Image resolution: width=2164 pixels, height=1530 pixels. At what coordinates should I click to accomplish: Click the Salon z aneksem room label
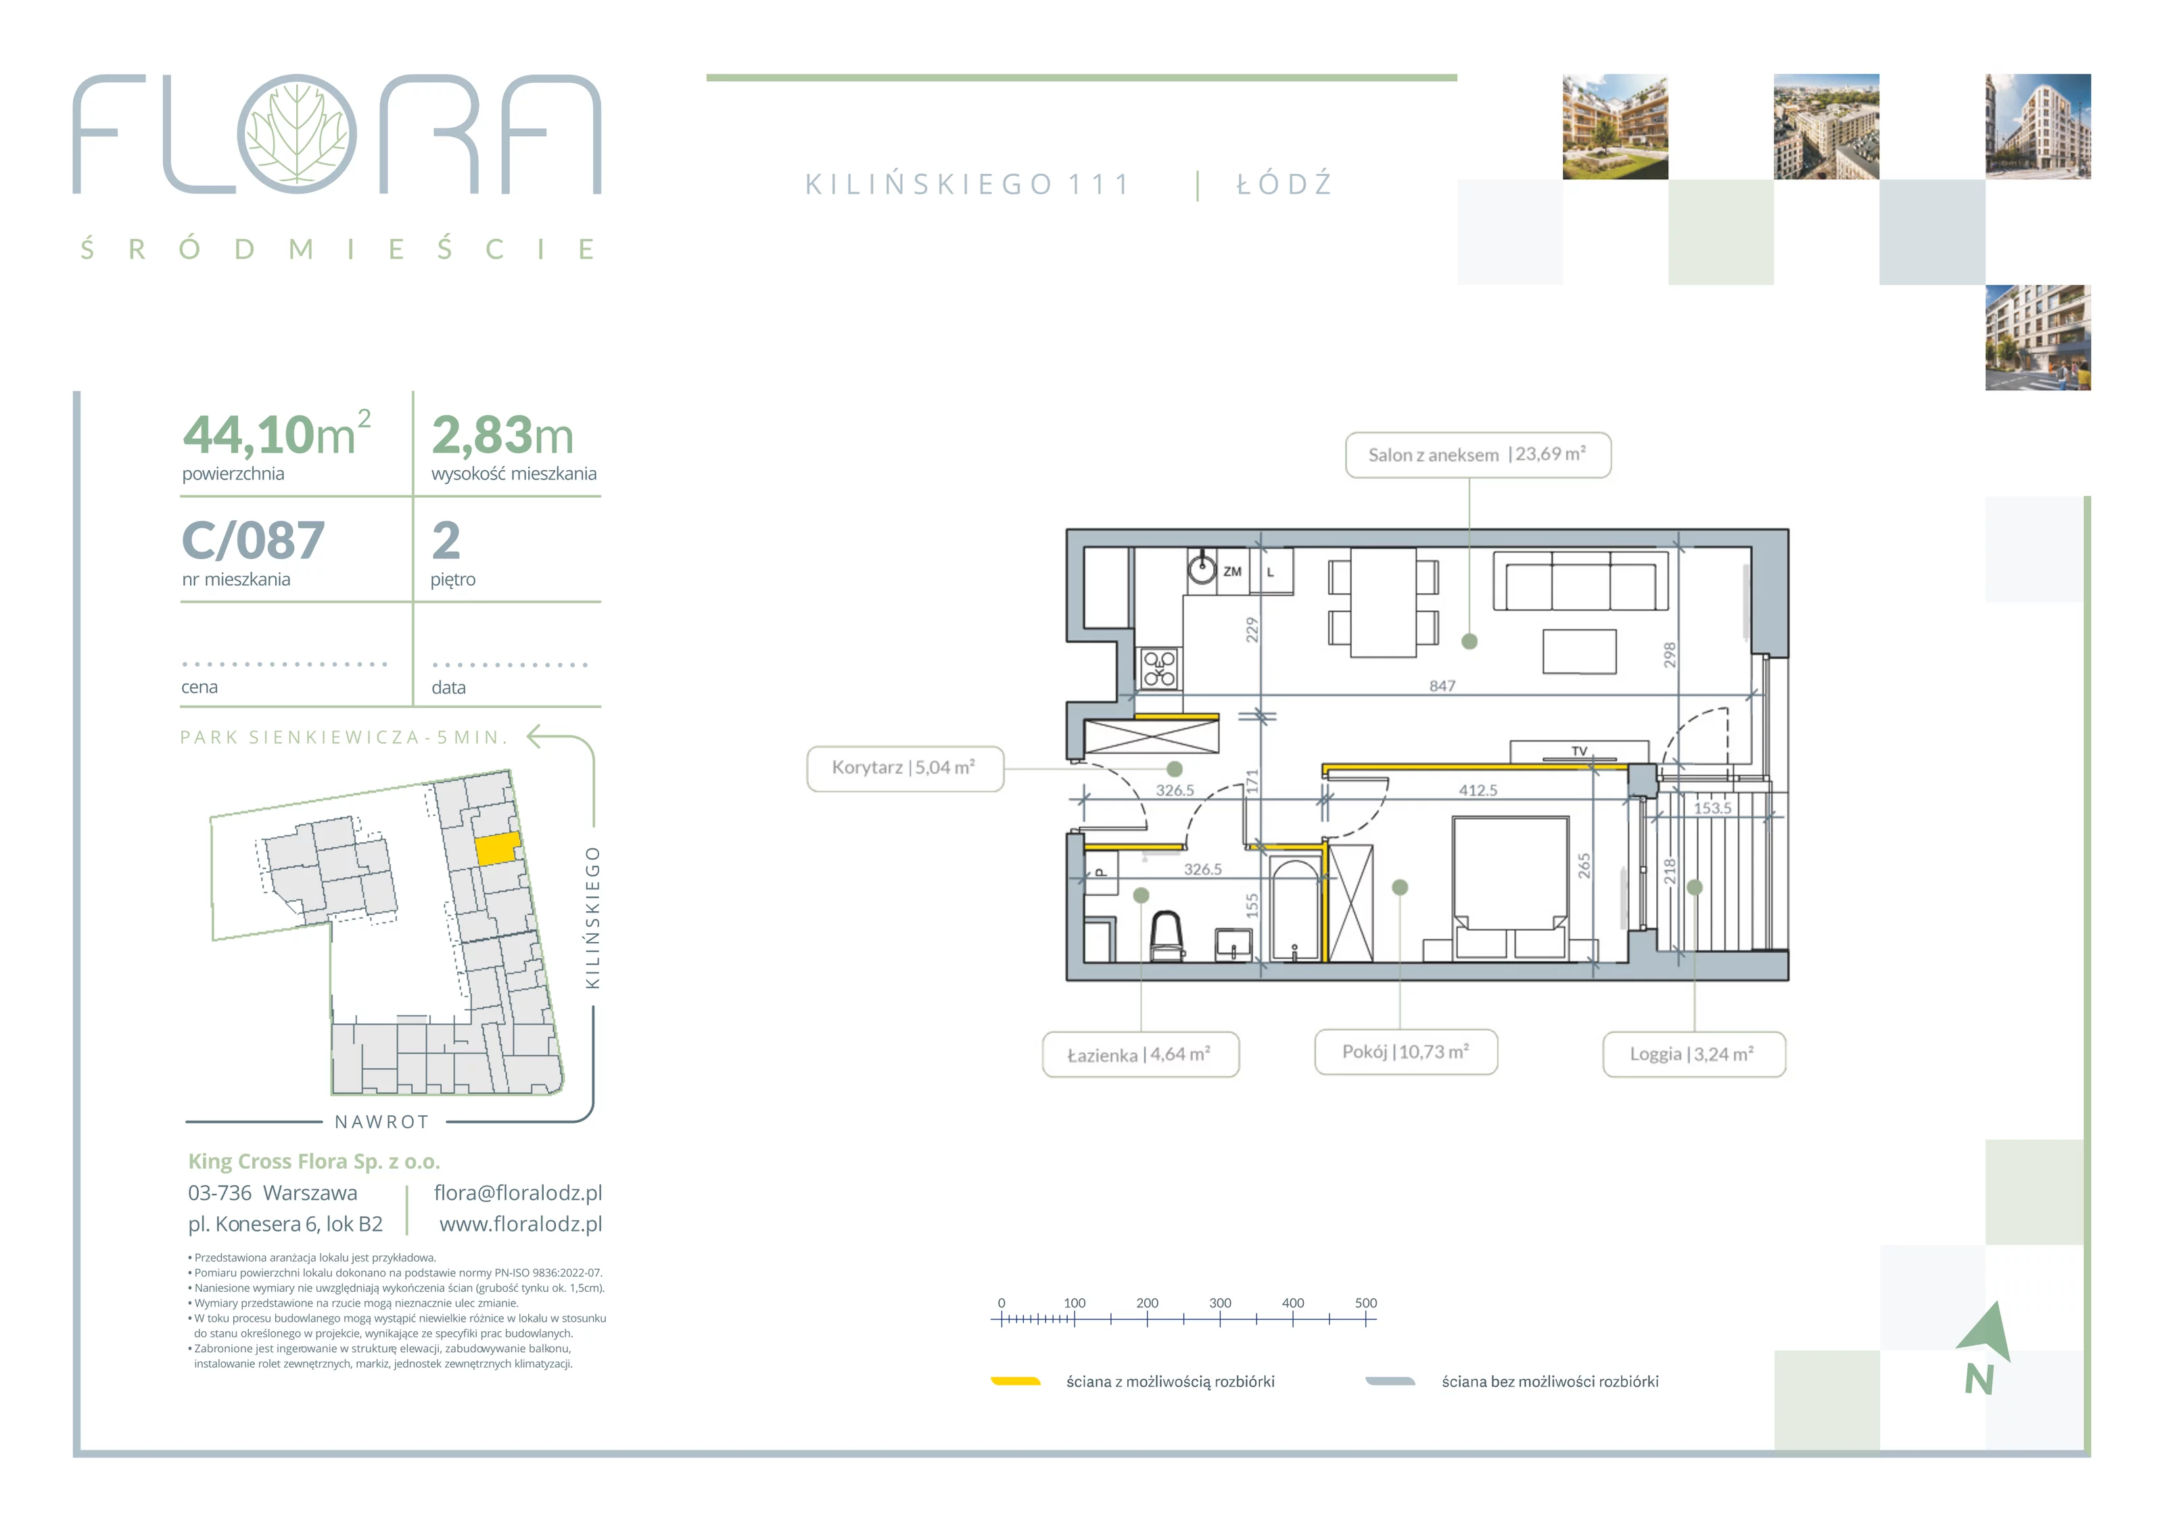pos(1477,455)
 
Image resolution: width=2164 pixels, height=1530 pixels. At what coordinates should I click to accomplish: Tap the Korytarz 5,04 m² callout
pos(905,768)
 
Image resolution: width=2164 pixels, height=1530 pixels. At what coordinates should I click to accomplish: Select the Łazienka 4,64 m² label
pos(1139,1054)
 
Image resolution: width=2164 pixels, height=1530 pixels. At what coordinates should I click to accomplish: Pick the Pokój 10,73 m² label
pos(1405,1051)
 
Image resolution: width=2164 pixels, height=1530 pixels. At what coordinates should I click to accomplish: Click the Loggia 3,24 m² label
pos(1694,1054)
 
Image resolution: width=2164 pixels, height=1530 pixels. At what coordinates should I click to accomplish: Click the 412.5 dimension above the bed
pos(1478,790)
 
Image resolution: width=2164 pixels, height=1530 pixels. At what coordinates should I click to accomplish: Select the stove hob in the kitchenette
pos(1159,668)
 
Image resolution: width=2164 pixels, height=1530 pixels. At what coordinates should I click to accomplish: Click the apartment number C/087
pos(253,541)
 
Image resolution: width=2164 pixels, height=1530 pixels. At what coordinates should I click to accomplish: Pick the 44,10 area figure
pos(248,435)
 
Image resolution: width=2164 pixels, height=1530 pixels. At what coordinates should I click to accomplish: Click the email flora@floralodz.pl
pos(517,1192)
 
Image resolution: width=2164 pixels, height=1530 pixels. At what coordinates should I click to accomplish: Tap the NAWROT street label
pos(381,1122)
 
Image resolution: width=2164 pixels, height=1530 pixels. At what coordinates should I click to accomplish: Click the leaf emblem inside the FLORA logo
pos(297,134)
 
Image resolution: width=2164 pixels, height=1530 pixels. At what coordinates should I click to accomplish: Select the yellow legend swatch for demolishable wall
pos(1015,1381)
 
